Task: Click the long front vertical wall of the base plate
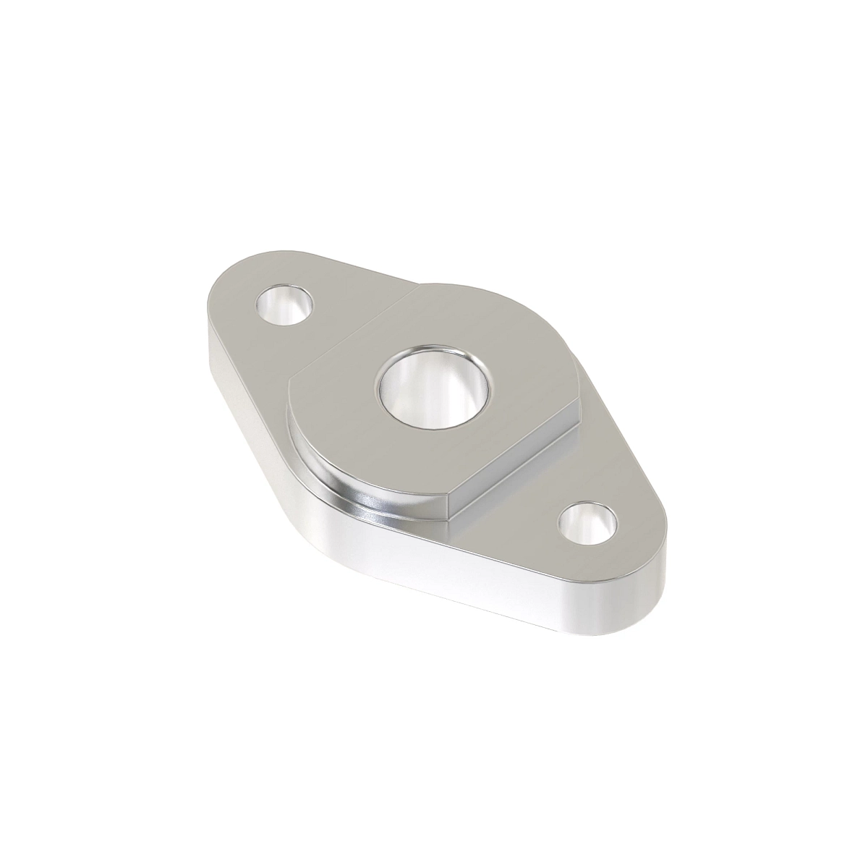coord(463,579)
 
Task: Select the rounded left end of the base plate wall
coord(210,340)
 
